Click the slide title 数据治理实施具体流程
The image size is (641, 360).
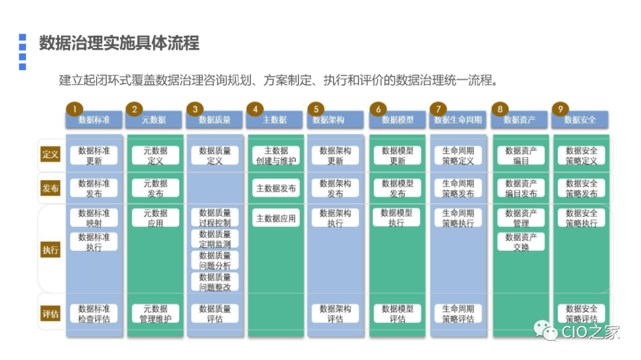point(119,43)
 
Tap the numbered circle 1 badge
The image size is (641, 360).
point(74,109)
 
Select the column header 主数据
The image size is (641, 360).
point(275,120)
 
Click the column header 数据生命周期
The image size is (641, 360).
point(458,120)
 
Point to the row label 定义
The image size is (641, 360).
point(50,155)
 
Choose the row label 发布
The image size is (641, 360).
point(50,188)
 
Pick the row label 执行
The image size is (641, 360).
point(50,250)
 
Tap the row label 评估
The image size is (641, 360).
point(50,314)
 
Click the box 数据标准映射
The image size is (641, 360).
point(94,218)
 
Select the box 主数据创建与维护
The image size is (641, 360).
point(275,155)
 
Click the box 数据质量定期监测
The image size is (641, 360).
point(215,238)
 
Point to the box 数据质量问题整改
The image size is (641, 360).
point(215,282)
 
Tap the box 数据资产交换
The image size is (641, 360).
point(521,241)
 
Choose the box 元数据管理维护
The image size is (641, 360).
point(155,313)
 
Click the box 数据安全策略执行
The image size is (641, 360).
point(581,218)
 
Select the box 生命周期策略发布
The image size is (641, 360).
point(458,188)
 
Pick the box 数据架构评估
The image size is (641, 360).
point(335,313)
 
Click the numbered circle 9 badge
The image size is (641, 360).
point(560,109)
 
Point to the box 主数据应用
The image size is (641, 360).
point(275,218)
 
